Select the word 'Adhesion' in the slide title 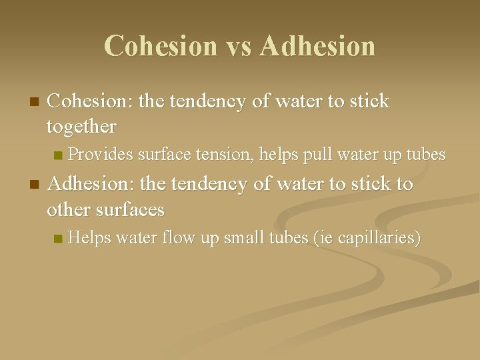point(318,46)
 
